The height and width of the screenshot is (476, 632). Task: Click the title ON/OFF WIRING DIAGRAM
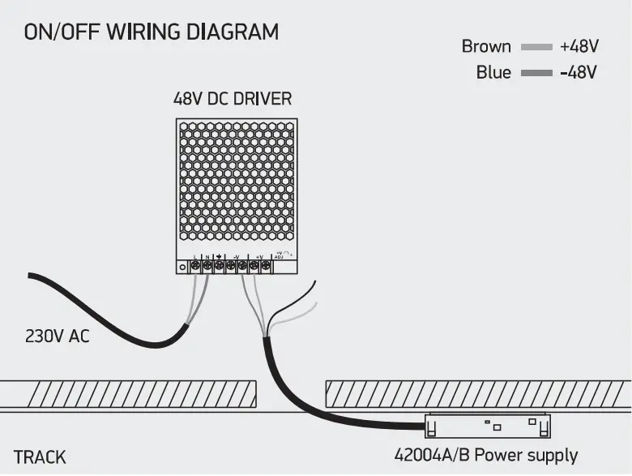point(152,32)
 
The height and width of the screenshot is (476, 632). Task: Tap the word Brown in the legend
point(486,46)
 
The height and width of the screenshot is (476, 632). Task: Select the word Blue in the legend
point(493,72)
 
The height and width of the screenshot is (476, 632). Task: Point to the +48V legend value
point(579,46)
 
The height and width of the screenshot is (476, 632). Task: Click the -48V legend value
point(579,72)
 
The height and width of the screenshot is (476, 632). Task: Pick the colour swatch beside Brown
point(536,47)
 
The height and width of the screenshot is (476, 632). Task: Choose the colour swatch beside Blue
point(536,73)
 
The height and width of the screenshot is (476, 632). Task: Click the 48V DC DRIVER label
point(233,99)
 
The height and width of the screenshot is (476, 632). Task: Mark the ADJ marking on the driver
point(280,256)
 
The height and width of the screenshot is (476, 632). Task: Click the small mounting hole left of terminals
point(183,266)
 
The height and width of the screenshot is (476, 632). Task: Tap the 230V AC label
point(58,336)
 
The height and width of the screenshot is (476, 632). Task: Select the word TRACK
point(40,457)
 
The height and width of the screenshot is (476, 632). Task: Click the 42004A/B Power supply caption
point(486,455)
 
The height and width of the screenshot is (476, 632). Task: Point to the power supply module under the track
point(489,424)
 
